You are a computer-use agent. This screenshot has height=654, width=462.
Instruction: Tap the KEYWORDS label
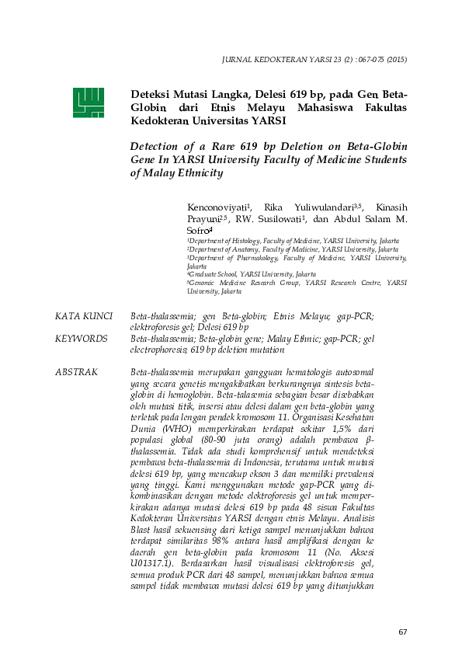point(81,339)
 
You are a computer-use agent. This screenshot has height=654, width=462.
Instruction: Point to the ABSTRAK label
point(77,373)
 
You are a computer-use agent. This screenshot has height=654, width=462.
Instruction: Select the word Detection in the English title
point(160,146)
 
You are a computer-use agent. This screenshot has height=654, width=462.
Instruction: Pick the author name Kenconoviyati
point(217,207)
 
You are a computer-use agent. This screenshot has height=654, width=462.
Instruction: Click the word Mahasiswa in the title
point(307,108)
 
